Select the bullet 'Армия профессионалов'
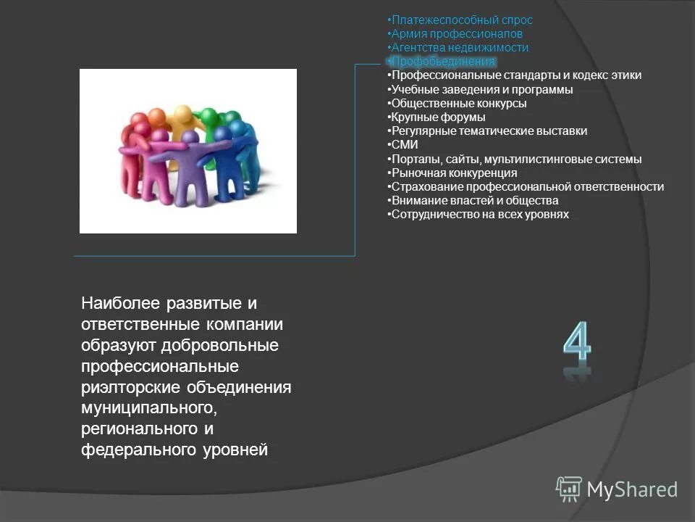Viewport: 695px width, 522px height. pyautogui.click(x=455, y=34)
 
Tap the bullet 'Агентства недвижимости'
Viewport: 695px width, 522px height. pyautogui.click(x=458, y=48)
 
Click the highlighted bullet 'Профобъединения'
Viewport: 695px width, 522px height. pyautogui.click(x=442, y=62)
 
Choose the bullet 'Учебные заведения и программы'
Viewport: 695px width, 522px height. pyautogui.click(x=481, y=90)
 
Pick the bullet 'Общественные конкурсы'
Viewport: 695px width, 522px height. pyautogui.click(x=458, y=104)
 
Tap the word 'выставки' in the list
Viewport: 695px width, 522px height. pyautogui.click(x=563, y=131)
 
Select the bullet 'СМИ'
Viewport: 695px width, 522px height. pyautogui.click(x=404, y=145)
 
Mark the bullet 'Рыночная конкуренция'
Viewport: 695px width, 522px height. pyautogui.click(x=452, y=173)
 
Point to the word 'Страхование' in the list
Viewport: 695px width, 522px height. pyautogui.click(x=422, y=187)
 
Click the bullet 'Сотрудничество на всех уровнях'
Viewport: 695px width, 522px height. pyautogui.click(x=479, y=215)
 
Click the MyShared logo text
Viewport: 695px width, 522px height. pyautogui.click(x=631, y=489)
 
